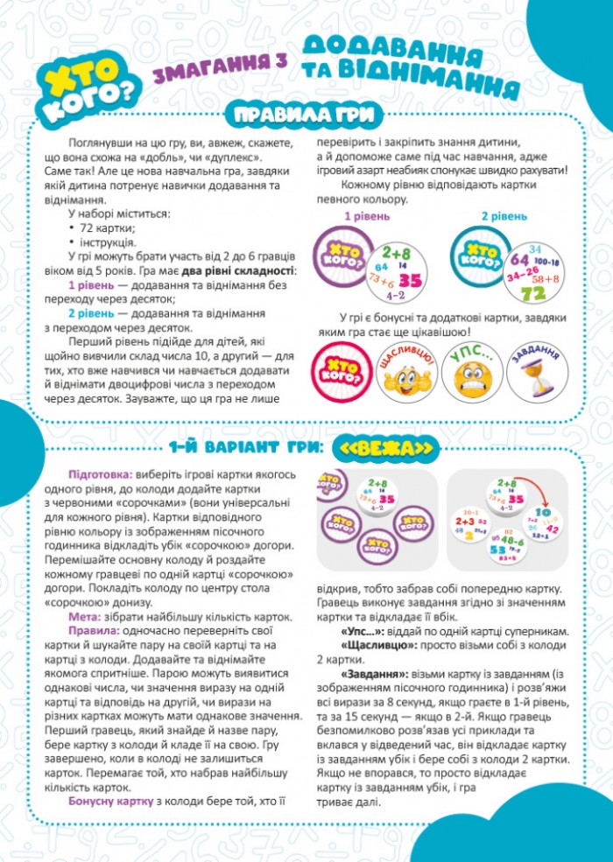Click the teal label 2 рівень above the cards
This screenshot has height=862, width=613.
coord(504,215)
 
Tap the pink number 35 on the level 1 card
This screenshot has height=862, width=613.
coord(411,280)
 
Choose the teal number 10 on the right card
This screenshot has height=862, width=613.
coord(543,512)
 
